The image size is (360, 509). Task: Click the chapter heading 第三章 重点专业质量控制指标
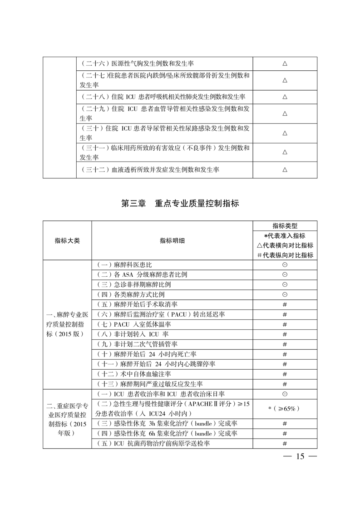coord(180,204)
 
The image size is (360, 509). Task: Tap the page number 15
coord(300,456)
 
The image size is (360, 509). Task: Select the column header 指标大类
coord(67,240)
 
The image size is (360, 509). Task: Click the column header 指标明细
coord(172,240)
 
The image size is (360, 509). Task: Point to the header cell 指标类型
coord(285,226)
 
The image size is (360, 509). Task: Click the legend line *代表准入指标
coord(285,236)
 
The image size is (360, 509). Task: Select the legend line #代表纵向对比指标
coord(285,255)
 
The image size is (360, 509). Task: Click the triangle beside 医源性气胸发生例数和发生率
coord(285,64)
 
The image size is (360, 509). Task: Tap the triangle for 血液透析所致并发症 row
coord(285,170)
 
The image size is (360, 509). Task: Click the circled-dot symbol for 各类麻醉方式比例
coord(285,294)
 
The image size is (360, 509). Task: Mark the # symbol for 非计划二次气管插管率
coord(285,344)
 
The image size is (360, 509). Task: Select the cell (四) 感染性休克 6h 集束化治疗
coord(166,434)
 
